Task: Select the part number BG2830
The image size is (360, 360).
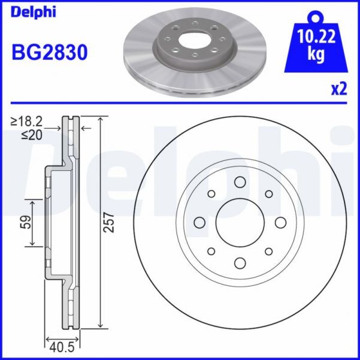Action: click(50, 53)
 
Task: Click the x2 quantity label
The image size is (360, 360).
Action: click(339, 89)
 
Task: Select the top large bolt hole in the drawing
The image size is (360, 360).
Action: click(240, 182)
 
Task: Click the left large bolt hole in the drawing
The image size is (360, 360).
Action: click(199, 223)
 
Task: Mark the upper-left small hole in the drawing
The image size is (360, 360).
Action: click(211, 194)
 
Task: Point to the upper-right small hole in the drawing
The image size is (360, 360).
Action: click(268, 194)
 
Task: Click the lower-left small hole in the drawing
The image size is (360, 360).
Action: click(211, 252)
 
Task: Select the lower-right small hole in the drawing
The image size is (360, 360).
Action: click(268, 252)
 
